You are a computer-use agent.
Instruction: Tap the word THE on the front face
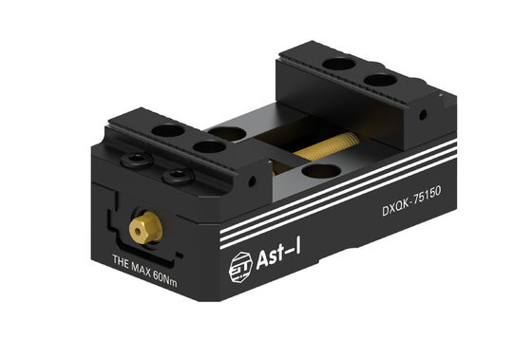123,259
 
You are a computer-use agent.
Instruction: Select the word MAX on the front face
146,260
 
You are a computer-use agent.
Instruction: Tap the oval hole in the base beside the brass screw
319,171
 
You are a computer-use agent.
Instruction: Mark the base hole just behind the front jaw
228,133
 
